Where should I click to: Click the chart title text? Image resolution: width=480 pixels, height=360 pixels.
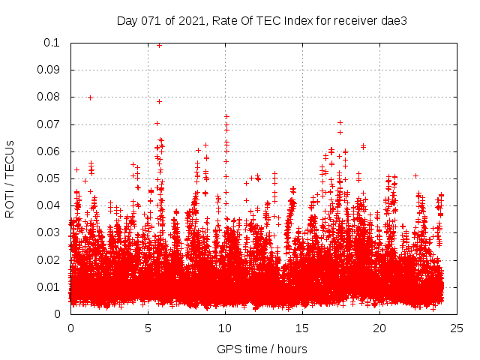(x=262, y=21)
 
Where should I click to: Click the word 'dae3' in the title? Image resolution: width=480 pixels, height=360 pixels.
(x=394, y=21)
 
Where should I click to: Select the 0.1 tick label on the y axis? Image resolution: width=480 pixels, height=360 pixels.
(x=53, y=43)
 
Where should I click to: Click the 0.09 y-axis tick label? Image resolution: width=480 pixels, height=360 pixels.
(x=50, y=70)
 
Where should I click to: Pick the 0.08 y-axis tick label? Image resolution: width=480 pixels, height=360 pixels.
(x=50, y=97)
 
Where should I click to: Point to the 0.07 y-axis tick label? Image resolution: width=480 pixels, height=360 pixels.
(x=50, y=124)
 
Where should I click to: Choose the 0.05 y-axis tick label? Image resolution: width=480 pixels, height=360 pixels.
(x=50, y=178)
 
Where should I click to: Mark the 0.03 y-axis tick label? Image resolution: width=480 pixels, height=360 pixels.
(x=50, y=232)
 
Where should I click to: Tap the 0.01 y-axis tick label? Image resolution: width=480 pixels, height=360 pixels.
(x=50, y=286)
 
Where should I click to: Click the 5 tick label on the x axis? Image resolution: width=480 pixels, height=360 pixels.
(x=148, y=328)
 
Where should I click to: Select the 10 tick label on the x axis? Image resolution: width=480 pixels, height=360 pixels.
(x=225, y=328)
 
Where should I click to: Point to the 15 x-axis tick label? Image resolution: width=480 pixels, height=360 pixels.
(x=302, y=328)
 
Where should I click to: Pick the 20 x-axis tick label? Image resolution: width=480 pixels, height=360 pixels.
(x=380, y=328)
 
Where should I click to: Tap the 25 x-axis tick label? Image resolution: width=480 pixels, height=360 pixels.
(x=457, y=328)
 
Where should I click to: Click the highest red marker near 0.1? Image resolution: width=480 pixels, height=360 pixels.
(x=159, y=45)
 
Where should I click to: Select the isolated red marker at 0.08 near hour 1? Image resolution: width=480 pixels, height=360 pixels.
(x=90, y=97)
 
